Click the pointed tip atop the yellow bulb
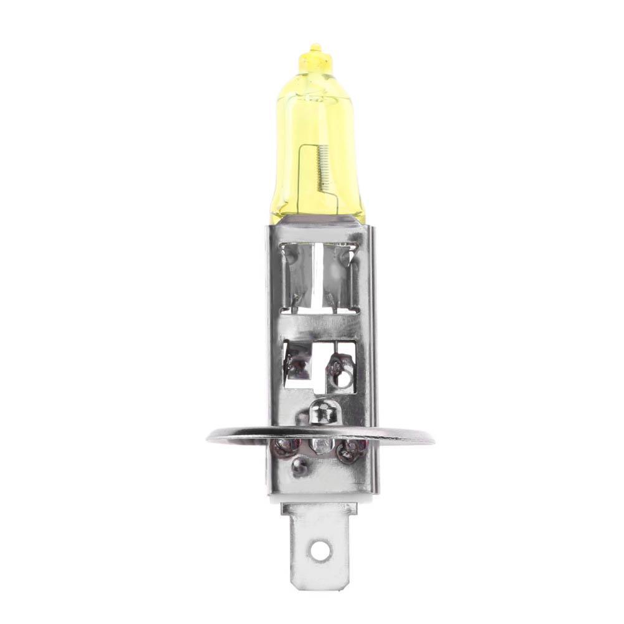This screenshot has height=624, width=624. (316, 47)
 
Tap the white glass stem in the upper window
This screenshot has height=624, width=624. (319, 274)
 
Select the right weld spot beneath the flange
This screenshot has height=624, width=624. (352, 447)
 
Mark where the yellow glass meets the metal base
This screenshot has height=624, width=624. (319, 223)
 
